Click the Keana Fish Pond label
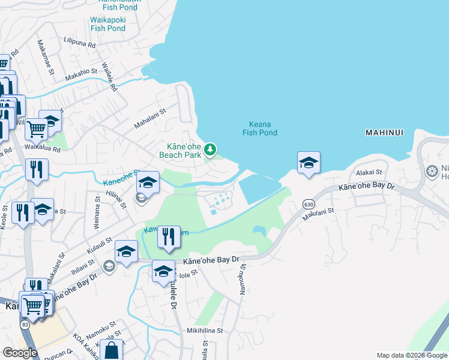click(259, 127)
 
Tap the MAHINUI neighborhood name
click(384, 132)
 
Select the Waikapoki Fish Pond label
click(108, 23)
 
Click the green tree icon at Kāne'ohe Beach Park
click(210, 149)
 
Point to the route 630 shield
click(308, 204)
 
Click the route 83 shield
click(25, 324)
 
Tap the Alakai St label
click(369, 172)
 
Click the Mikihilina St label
click(205, 331)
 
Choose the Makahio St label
click(81, 72)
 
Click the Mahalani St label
click(149, 118)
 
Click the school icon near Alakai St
click(309, 163)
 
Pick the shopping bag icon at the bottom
click(112, 350)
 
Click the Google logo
click(20, 353)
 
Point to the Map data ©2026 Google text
click(412, 355)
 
